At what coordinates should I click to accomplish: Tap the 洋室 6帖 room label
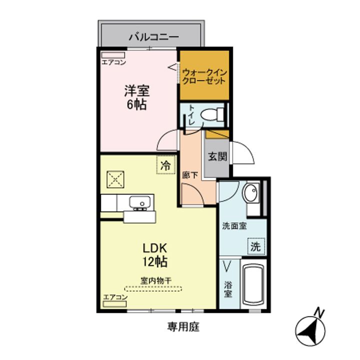pos(136,98)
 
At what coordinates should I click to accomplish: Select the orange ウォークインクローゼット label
pos(204,76)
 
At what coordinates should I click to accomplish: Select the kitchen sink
pos(140,203)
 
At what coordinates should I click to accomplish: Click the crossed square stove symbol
pos(116,178)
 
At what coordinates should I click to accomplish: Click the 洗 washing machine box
pos(255,246)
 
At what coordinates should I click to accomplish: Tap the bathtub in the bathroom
pos(254,283)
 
